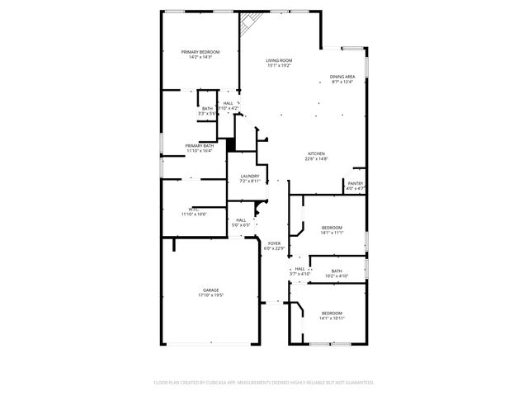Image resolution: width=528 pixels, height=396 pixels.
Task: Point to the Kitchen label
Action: pos(316,154)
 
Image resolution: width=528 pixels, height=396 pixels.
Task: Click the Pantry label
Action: pos(355,184)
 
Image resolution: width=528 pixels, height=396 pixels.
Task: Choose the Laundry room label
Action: pos(250,177)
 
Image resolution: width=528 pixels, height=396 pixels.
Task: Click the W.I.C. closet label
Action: pos(193,210)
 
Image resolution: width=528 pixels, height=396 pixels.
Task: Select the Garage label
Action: pos(211,290)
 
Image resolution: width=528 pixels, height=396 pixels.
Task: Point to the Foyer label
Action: pos(274,243)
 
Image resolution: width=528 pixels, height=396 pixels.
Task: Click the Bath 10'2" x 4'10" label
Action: pos(337,271)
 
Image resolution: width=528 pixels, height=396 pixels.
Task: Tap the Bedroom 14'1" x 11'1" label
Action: pos(332,228)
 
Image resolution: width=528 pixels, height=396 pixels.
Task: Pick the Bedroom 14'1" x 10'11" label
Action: pos(332,313)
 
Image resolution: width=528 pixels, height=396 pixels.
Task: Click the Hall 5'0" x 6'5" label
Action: pos(241,220)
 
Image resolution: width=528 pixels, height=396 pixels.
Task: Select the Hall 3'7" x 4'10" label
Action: pos(300,269)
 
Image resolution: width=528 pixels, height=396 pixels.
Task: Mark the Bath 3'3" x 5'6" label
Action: pos(207,109)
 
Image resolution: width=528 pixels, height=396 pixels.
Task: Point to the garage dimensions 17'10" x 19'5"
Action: pos(211,295)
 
